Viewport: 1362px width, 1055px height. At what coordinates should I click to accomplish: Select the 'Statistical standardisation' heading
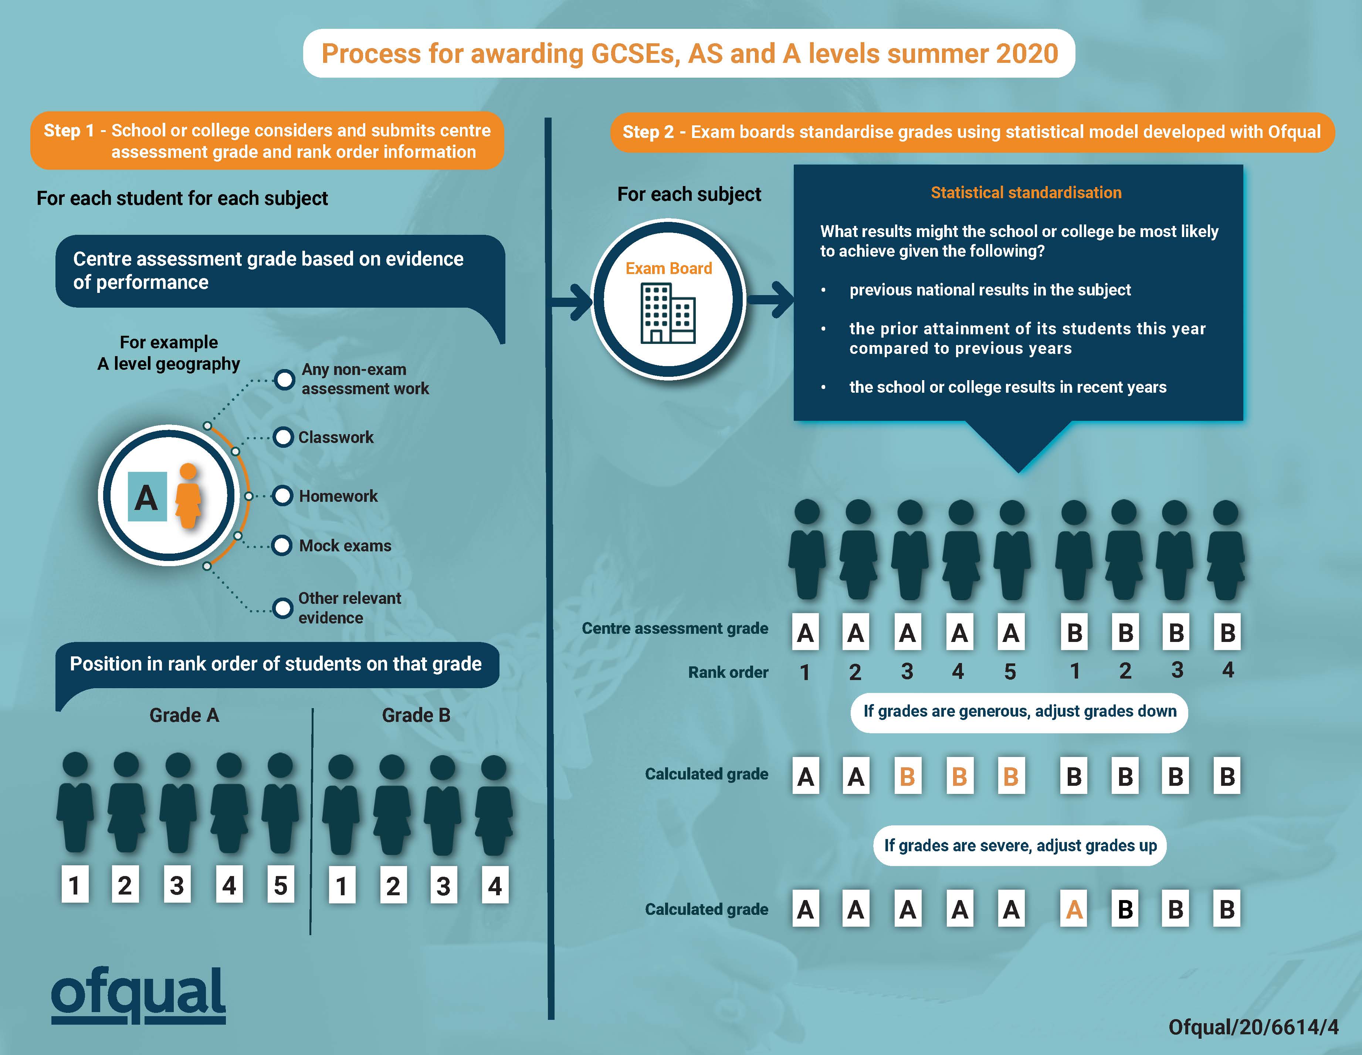pyautogui.click(x=1026, y=193)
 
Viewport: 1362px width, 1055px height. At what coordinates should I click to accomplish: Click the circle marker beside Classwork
pyautogui.click(x=283, y=437)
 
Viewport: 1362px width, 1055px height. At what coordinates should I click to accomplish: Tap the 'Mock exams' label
pyautogui.click(x=345, y=545)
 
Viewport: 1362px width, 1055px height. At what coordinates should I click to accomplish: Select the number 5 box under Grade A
pyautogui.click(x=281, y=885)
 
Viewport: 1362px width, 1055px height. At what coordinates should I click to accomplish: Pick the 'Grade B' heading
pyautogui.click(x=416, y=715)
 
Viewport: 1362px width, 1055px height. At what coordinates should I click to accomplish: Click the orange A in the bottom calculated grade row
pyautogui.click(x=1074, y=910)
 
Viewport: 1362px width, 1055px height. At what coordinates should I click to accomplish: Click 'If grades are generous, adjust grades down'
pyautogui.click(x=1019, y=712)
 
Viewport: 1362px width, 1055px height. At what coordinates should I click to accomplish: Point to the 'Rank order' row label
pyautogui.click(x=728, y=672)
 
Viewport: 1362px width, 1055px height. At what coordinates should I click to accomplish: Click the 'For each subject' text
pyautogui.click(x=689, y=194)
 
